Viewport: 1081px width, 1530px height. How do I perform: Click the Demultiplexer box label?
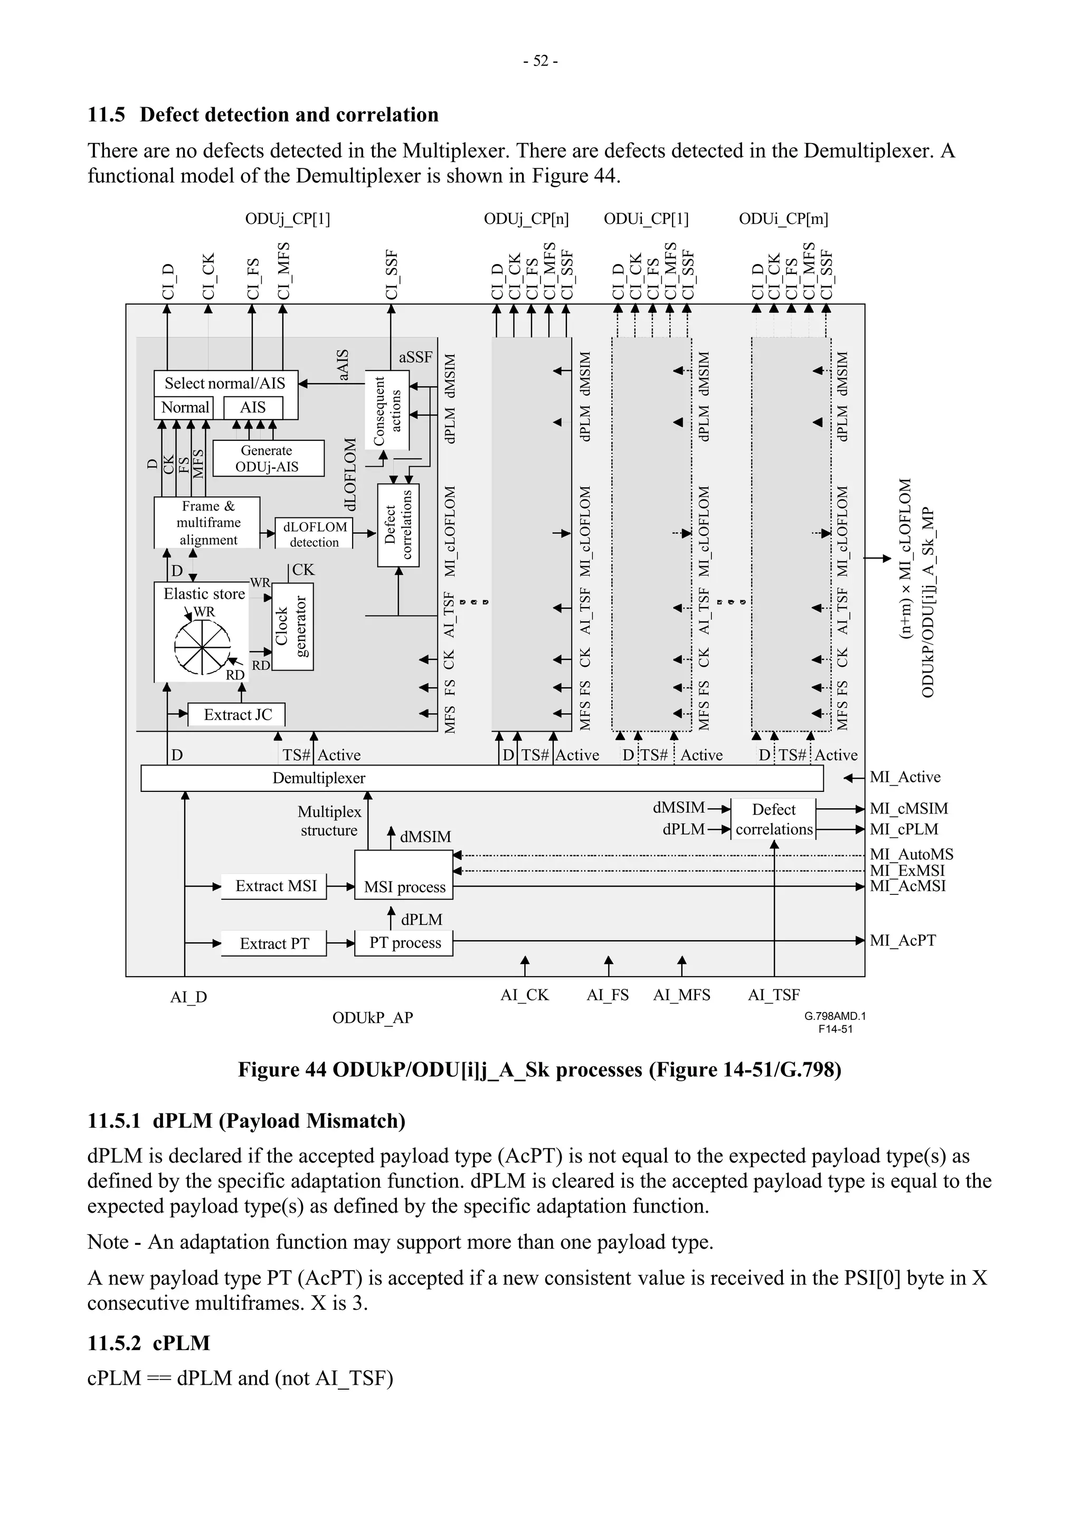[318, 778]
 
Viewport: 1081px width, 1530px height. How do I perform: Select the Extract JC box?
[237, 714]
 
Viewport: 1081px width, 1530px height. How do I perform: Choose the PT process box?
[404, 942]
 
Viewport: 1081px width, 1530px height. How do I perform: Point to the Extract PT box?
[274, 943]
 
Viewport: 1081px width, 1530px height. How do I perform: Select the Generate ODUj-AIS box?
[268, 458]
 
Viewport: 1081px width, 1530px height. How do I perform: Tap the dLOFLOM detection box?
[315, 534]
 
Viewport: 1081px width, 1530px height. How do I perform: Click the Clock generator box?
[292, 626]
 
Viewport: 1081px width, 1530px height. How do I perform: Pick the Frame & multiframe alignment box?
[207, 523]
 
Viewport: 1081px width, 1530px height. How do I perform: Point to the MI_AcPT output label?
[903, 940]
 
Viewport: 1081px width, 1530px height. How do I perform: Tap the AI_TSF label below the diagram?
[773, 994]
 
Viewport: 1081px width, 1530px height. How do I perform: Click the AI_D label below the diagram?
[188, 997]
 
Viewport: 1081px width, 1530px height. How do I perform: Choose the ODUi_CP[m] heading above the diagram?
[783, 219]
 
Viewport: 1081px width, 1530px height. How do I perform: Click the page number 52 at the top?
[540, 61]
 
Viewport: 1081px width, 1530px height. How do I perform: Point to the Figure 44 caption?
[539, 1070]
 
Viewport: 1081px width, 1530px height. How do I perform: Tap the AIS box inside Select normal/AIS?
[252, 407]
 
